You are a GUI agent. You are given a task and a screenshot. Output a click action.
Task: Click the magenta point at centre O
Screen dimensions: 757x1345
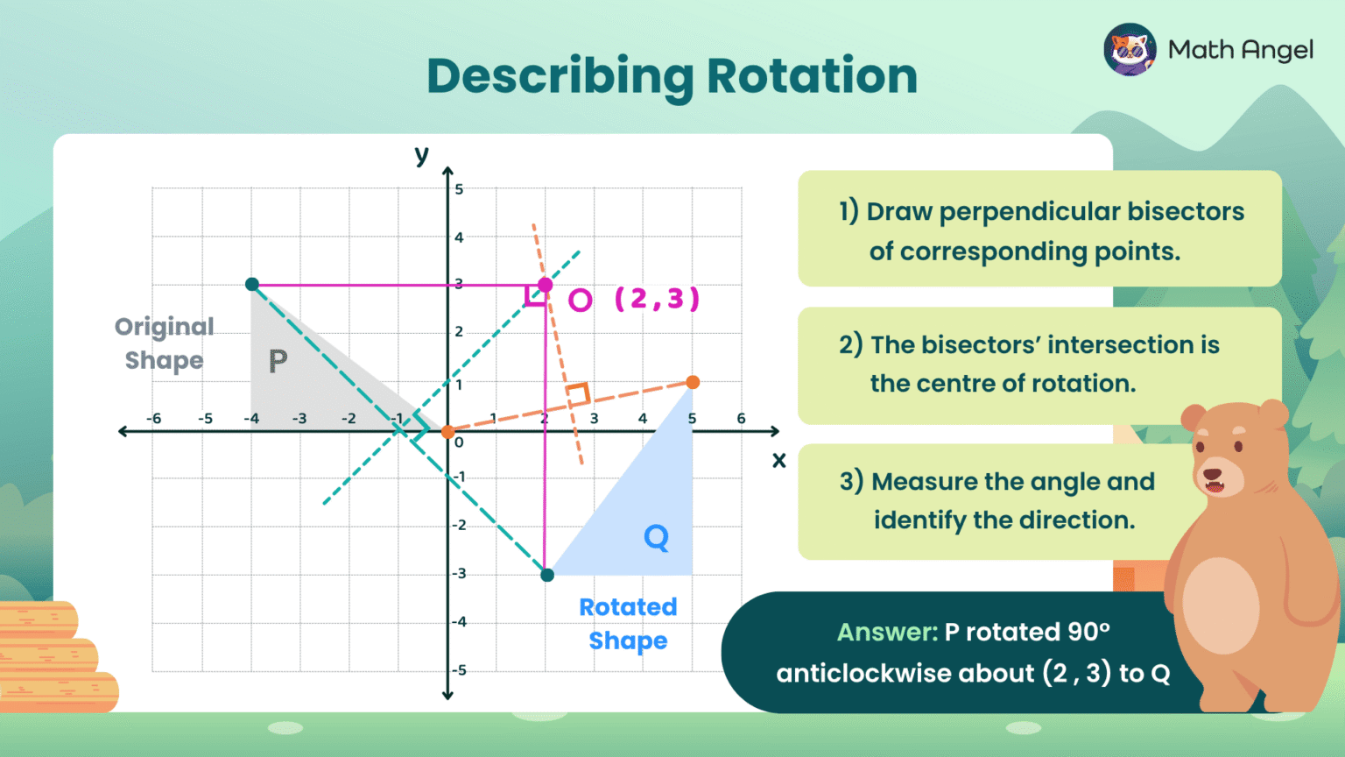[545, 285]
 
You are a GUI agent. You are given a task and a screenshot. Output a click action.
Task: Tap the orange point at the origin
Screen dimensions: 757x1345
[447, 432]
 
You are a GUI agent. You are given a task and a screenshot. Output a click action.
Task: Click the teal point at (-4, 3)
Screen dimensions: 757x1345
[252, 284]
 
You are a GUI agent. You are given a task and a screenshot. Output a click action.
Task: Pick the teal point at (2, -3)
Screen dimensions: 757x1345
[547, 575]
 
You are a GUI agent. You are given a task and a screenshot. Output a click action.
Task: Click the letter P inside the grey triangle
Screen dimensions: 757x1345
[278, 361]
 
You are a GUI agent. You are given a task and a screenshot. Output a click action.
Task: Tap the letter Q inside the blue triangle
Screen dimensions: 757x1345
[656, 537]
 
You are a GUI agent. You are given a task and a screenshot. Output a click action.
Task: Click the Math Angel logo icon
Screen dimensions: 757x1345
[1130, 50]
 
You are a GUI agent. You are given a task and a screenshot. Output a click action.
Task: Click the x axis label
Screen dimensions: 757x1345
[778, 460]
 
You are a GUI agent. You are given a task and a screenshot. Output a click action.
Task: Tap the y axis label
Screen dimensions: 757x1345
[422, 155]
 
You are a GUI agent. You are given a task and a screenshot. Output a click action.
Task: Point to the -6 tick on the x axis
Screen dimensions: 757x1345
[154, 419]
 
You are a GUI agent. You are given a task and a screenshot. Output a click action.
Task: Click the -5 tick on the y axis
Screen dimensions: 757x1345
[459, 670]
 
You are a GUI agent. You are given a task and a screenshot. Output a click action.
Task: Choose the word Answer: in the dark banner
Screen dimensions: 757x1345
[886, 632]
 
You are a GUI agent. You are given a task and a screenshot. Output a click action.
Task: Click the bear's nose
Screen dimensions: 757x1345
[1214, 474]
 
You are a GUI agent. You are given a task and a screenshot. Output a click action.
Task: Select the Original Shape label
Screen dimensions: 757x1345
[164, 343]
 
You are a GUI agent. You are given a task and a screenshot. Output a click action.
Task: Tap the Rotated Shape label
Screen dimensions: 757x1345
[628, 624]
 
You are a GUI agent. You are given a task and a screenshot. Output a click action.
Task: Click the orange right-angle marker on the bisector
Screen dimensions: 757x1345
[577, 394]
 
